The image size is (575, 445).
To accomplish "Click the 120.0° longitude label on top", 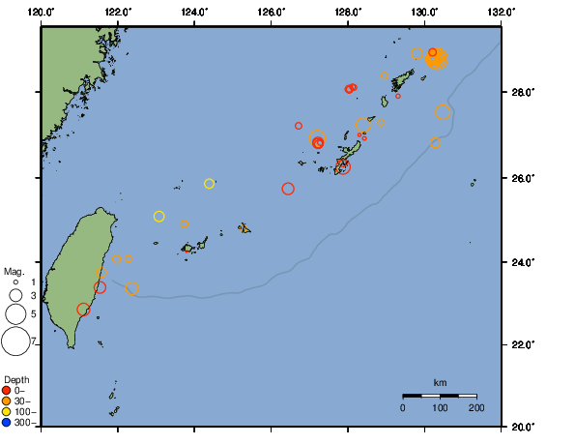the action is click(42, 12).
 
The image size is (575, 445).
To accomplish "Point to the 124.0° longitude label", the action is click(194, 12).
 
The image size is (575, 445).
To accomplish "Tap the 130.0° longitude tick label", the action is click(424, 12).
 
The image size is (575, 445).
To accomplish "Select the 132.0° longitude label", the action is click(501, 12).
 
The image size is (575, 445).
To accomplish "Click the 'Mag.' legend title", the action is click(14, 272).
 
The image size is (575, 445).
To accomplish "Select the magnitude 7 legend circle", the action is click(15, 341).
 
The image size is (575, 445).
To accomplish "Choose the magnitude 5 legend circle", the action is click(15, 313).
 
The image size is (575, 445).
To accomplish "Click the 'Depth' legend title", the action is click(16, 378).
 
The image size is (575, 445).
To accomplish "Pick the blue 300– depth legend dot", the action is click(7, 423).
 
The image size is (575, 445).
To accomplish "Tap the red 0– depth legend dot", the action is click(7, 390).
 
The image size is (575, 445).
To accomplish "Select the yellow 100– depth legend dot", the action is click(7, 412).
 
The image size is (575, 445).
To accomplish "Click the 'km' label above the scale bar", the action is click(440, 383).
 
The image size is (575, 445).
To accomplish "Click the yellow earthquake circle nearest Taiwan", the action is click(159, 217).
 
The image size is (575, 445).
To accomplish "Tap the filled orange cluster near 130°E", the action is click(437, 59).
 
